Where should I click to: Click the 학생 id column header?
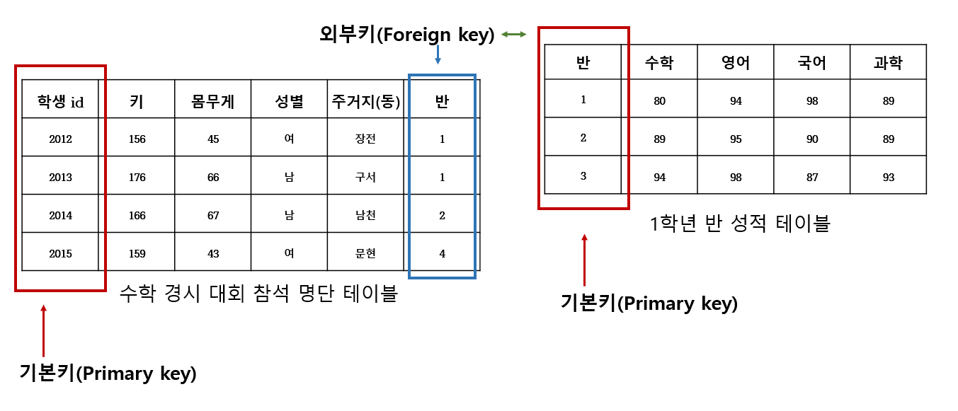60,102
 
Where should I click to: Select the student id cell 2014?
60,215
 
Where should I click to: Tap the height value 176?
137,177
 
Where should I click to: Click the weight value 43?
213,253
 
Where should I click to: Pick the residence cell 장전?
365,139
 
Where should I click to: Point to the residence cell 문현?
365,253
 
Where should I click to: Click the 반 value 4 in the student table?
442,253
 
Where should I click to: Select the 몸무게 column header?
213,102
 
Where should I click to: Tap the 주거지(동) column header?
365,102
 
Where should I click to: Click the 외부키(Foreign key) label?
406,34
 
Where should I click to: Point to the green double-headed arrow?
513,34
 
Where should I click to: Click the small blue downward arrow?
438,55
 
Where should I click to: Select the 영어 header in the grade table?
736,63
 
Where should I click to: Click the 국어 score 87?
812,177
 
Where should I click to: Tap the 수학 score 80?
659,100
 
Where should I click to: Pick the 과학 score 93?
889,177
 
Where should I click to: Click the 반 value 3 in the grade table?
583,176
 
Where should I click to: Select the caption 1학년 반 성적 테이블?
739,224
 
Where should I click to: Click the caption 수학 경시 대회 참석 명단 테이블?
258,293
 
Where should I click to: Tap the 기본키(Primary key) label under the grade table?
649,304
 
